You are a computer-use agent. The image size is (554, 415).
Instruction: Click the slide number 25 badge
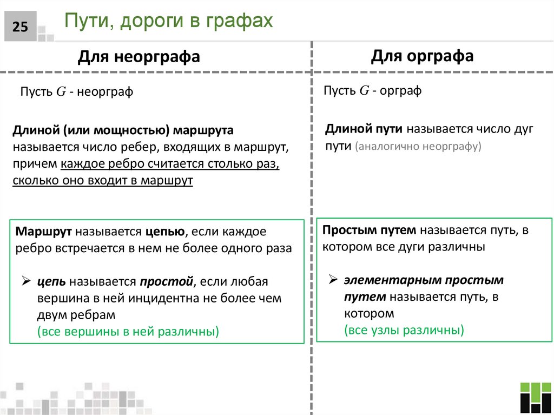pyautogui.click(x=20, y=27)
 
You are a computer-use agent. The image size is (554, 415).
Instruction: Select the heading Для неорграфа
pyautogui.click(x=139, y=56)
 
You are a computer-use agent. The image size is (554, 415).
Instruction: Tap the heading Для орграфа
pyautogui.click(x=422, y=56)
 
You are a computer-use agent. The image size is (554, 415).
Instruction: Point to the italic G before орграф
pyautogui.click(x=364, y=91)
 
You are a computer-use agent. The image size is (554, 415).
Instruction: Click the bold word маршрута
pyautogui.click(x=203, y=130)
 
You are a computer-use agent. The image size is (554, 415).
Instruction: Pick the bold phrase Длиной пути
pyautogui.click(x=365, y=129)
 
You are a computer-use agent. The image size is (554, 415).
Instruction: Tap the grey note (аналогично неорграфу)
pyautogui.click(x=418, y=147)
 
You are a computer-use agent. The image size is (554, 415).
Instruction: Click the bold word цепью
pyautogui.click(x=164, y=232)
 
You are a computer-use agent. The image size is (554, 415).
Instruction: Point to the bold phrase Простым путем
pyautogui.click(x=369, y=230)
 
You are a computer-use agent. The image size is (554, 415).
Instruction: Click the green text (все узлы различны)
pyautogui.click(x=404, y=330)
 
